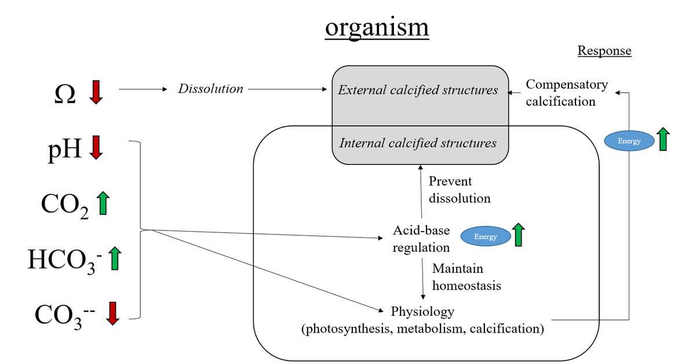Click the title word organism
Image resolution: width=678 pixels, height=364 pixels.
377,27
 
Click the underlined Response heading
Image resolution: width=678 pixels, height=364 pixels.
604,51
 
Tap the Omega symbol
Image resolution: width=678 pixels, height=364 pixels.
64,93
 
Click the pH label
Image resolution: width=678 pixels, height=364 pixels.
64,149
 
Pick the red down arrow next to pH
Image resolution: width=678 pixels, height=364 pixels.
96,147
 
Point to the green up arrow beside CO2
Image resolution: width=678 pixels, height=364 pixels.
103,203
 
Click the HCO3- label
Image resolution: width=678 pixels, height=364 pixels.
64,260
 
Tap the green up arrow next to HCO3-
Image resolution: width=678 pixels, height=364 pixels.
115,258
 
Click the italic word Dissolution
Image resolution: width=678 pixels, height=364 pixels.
210,89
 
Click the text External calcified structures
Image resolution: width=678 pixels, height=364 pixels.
418,90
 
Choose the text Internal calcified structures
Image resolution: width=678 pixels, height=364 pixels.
418,142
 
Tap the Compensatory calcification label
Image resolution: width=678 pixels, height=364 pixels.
566,93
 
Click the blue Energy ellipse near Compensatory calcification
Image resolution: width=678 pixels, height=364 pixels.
629,141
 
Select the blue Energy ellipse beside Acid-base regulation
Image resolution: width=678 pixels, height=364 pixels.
486,236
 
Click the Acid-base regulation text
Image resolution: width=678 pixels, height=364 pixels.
421,239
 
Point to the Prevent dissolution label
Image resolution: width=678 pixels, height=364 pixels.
460,190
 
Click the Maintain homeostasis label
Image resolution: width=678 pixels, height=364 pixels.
466,277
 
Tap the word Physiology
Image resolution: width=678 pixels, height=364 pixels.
422,312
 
